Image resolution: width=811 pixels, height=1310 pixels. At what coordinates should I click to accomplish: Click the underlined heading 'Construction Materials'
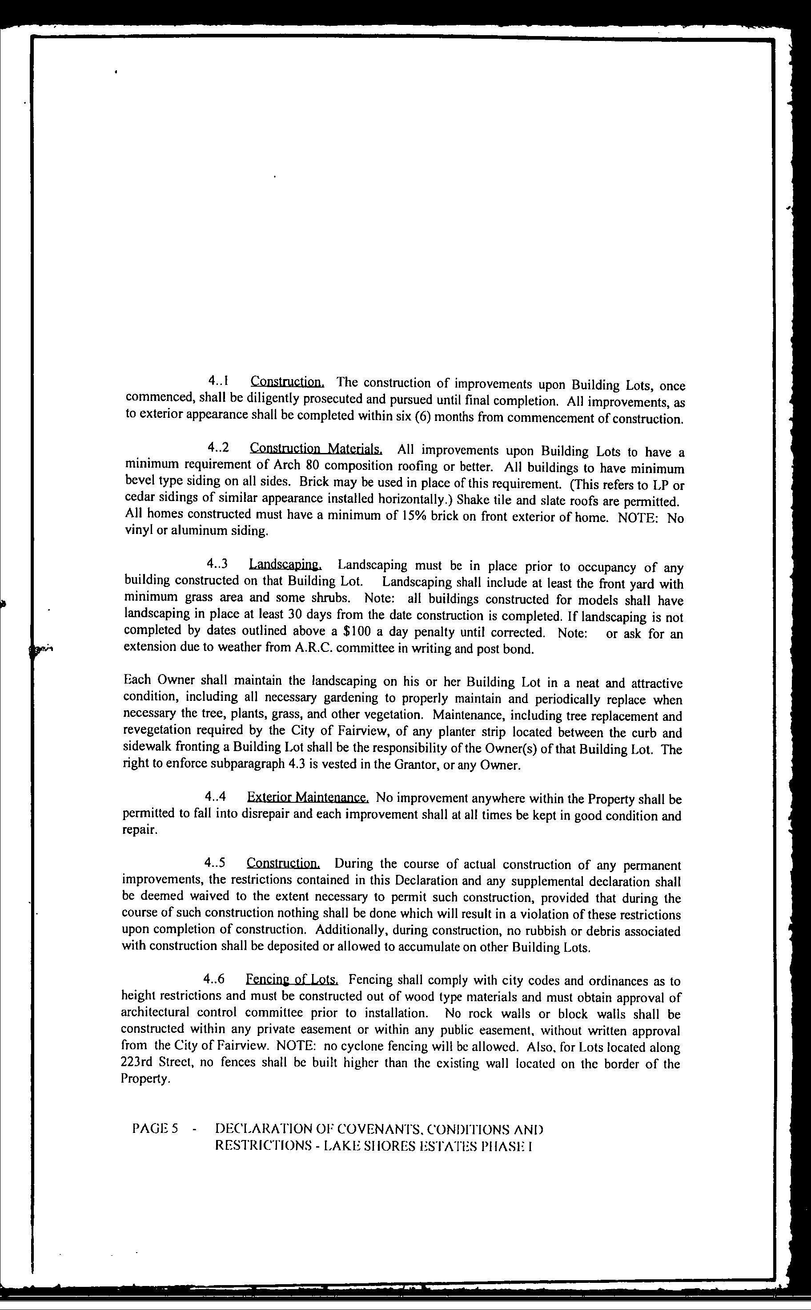point(316,448)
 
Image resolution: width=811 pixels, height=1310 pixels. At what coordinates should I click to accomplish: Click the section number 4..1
point(219,382)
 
